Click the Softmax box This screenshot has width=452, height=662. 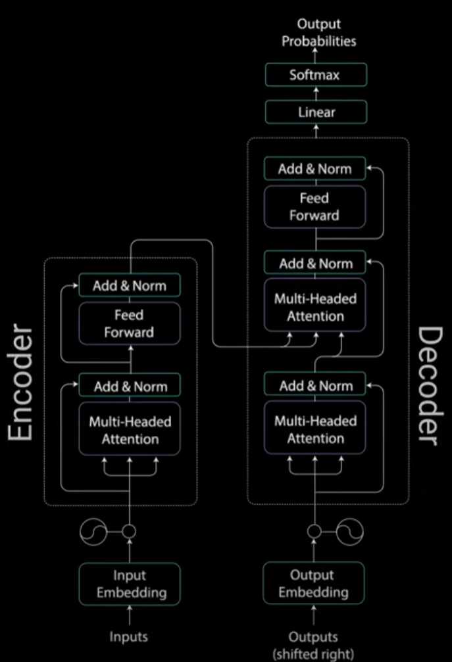point(316,75)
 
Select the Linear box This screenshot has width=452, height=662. point(316,112)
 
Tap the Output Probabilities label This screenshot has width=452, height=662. point(319,32)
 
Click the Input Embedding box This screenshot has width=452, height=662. point(130,584)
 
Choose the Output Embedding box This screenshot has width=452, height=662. point(313,583)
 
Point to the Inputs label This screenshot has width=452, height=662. point(129,636)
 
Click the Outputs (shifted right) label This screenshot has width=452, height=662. point(313,645)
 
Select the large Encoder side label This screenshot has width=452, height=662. point(20,382)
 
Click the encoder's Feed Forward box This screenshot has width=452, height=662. point(130,323)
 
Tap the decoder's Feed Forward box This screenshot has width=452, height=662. point(314,207)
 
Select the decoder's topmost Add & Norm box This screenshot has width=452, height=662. point(314,168)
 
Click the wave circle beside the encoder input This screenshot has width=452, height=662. point(93,532)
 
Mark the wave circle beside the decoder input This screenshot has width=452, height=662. point(349,531)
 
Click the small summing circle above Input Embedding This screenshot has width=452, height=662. point(129,531)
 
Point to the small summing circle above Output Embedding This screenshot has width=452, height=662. point(314,531)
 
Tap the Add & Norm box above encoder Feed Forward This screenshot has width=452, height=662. point(130,285)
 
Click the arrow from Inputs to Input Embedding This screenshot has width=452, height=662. point(130,615)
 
